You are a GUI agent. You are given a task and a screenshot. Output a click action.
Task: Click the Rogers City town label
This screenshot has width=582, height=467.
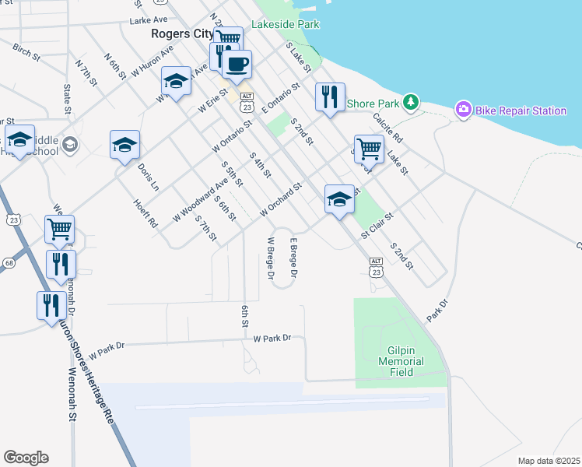pyautogui.click(x=182, y=34)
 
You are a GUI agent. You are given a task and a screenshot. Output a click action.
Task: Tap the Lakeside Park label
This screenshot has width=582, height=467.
pyautogui.click(x=286, y=24)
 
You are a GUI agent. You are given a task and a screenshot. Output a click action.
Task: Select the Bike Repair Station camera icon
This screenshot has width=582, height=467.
pyautogui.click(x=464, y=110)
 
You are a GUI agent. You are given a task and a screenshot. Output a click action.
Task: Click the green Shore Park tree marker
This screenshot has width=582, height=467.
pyautogui.click(x=412, y=103)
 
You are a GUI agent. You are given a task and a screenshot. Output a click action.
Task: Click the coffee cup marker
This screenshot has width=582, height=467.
pyautogui.click(x=237, y=64)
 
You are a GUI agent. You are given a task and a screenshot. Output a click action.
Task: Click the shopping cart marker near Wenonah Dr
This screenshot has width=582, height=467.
pyautogui.click(x=59, y=229)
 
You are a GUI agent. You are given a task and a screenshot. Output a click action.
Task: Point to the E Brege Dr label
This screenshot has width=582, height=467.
pyautogui.click(x=293, y=258)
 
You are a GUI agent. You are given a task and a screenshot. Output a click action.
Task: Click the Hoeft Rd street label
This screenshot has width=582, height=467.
pyautogui.click(x=145, y=212)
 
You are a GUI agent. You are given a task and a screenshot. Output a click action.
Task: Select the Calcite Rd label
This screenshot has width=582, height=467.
pyautogui.click(x=387, y=128)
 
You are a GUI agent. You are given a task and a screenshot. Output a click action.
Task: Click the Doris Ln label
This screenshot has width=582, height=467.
pyautogui.click(x=148, y=177)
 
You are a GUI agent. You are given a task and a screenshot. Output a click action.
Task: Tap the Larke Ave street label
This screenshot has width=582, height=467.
pyautogui.click(x=150, y=19)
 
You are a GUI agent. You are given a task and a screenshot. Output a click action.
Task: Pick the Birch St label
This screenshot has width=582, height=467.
pyautogui.click(x=26, y=52)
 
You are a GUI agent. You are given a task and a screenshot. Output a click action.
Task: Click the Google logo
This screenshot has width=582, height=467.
pyautogui.click(x=26, y=458)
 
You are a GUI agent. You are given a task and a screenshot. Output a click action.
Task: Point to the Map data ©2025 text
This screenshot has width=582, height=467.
pyautogui.click(x=548, y=461)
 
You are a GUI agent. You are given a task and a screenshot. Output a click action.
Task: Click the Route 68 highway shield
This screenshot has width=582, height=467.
pyautogui.click(x=9, y=263)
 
